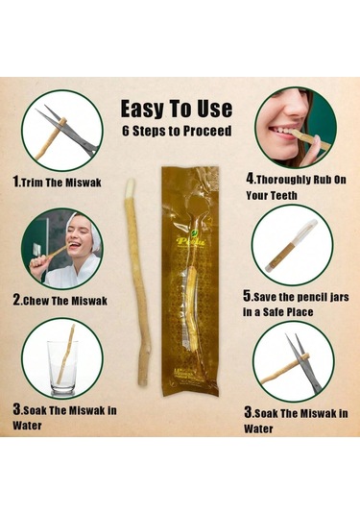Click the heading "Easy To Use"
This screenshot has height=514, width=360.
point(180,107)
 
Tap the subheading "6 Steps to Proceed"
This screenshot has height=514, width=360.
point(180,131)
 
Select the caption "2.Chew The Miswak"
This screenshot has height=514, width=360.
point(60,300)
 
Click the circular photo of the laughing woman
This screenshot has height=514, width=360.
point(62,248)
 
